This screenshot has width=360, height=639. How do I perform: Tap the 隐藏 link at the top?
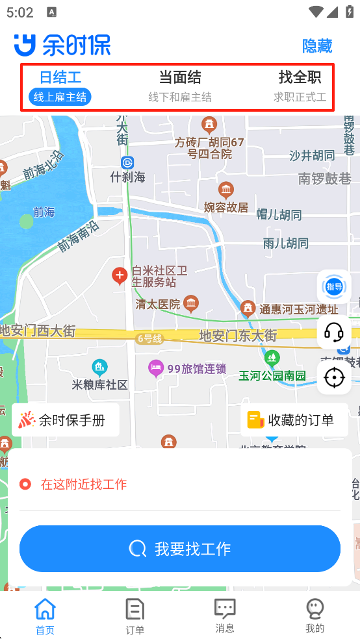pos(317,46)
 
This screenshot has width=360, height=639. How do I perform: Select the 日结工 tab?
pos(60,86)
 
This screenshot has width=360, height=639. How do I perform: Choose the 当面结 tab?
pos(180,86)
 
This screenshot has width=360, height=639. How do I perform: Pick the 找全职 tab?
pos(300,86)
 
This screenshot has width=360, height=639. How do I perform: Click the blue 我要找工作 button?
pos(180,549)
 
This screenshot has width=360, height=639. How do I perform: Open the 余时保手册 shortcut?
pos(66,420)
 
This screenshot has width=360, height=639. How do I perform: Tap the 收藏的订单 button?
pos(291,420)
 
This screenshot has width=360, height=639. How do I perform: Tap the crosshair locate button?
pos(334,377)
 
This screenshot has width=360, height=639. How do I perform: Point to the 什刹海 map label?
pos(128,177)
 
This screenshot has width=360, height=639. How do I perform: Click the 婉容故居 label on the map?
pos(226,207)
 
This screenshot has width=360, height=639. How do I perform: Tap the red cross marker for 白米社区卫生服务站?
pos(120,276)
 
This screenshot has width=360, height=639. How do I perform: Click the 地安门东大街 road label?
pos(238,336)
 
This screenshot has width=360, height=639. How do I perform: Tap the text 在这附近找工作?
pos(84,484)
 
